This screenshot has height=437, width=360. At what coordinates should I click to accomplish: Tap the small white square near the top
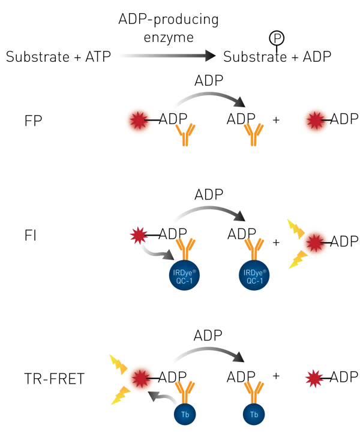269,50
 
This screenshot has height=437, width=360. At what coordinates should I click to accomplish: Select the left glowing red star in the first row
139,120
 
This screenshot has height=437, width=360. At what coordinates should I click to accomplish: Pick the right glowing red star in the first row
316,120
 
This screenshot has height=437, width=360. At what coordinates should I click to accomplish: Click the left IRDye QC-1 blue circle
184,275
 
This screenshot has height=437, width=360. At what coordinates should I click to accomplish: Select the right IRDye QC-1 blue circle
254,275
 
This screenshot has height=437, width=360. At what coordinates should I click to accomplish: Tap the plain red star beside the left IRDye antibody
139,236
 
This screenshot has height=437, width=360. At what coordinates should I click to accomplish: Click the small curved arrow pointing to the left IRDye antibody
154,251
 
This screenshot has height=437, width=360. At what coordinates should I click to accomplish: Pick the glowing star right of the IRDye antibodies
316,243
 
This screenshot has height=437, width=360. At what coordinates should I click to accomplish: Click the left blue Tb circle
185,414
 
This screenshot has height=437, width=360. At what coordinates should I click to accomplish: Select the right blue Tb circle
254,414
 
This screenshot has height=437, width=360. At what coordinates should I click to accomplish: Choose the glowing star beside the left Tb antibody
141,378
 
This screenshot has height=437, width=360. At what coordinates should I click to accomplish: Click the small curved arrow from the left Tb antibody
163,397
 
